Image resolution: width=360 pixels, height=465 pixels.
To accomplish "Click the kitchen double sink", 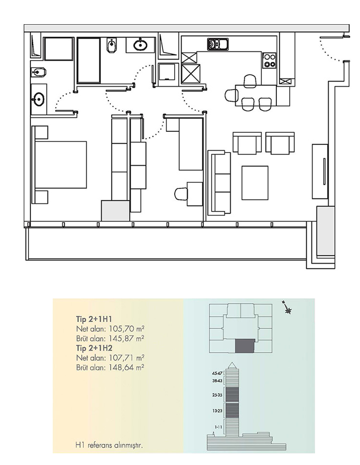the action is point(218,45).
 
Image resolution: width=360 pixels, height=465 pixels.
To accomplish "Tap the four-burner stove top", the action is point(270,60).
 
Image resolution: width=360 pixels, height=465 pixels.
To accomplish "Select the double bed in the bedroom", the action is point(61,165).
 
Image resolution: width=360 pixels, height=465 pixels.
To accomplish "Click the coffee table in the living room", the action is point(255,183).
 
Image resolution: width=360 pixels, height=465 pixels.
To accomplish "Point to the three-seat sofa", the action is point(220,183).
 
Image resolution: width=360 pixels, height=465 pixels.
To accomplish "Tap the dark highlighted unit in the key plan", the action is point(245,346).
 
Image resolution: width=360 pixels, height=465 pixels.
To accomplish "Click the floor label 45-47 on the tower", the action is point(217,373).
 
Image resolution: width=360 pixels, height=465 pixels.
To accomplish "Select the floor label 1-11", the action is point(218,427).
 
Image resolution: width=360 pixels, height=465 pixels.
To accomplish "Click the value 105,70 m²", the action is point(127,328).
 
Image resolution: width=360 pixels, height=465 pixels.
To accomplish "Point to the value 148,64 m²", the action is point(127,368).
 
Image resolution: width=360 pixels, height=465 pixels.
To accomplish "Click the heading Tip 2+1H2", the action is point(94,348).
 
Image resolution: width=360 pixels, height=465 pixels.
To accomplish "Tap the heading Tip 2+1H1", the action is point(94,319).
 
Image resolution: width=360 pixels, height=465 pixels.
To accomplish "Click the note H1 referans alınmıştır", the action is point(109,446).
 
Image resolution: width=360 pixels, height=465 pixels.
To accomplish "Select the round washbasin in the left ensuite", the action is point(39,99).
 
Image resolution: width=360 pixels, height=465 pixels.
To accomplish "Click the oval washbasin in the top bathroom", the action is point(140,45).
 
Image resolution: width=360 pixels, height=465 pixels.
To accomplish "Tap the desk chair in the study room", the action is point(181,194).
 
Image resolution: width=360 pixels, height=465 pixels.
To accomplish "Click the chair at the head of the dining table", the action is point(231,95).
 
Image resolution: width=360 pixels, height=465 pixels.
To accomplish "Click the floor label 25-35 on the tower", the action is point(217,395).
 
